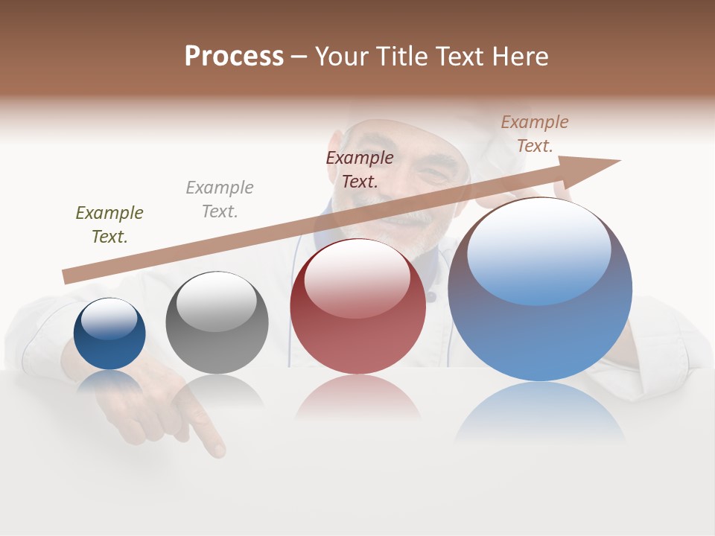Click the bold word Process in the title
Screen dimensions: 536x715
pos(234,57)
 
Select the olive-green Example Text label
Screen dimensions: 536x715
pos(109,225)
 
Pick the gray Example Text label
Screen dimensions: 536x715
pos(220,200)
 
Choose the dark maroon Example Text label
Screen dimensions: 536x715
pos(360,170)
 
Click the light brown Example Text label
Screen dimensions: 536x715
pos(535,134)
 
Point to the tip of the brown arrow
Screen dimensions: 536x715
pos(619,160)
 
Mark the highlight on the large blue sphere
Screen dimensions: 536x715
pos(538,249)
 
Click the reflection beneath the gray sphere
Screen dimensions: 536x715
pos(217,390)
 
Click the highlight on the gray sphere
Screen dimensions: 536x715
pos(217,301)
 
